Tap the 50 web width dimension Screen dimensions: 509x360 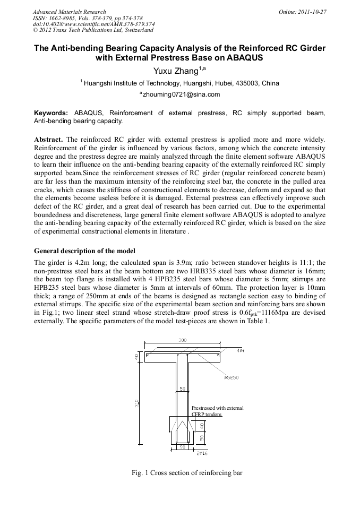(x=182, y=389)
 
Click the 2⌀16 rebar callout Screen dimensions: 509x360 (x=202, y=454)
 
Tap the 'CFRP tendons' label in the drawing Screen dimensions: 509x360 (x=207, y=414)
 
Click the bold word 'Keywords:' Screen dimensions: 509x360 (x=50, y=113)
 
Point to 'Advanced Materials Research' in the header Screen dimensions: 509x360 (x=69, y=12)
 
